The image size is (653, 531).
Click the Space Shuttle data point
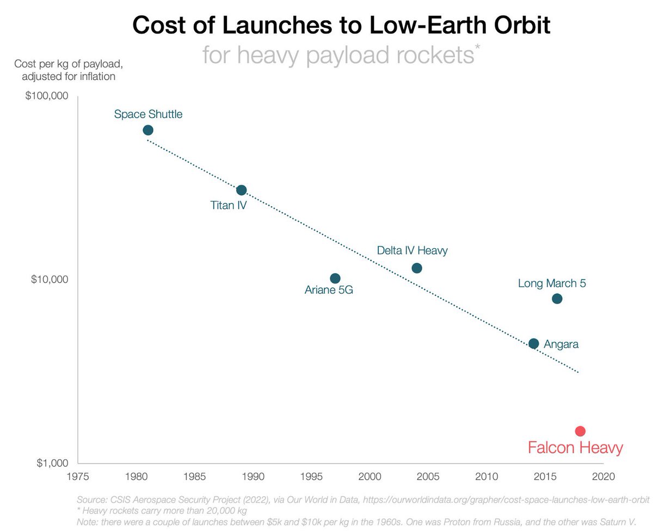point(148,130)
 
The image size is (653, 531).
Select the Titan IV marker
point(242,190)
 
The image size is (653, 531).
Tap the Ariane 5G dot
point(335,278)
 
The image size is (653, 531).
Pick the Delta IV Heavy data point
point(417,268)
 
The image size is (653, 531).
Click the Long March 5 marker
point(557,299)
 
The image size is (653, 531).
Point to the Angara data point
point(534,343)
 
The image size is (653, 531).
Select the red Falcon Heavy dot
point(580,431)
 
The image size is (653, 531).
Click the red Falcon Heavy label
point(575,448)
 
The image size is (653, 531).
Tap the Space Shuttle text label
point(148,114)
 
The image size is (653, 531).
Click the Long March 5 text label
point(552,283)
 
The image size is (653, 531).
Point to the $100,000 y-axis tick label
point(46,97)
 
